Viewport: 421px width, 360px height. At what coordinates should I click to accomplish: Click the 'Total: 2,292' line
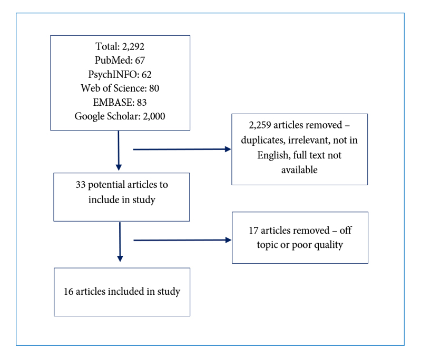tap(120, 46)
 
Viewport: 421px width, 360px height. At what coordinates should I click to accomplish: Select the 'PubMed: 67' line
tap(120, 61)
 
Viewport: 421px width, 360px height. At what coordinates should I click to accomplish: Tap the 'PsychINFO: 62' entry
tap(120, 74)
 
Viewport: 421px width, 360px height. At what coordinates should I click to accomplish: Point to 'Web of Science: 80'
tap(120, 88)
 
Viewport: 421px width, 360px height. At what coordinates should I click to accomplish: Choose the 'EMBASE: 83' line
tap(120, 102)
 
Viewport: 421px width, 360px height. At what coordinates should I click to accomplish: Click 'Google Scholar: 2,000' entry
tap(120, 116)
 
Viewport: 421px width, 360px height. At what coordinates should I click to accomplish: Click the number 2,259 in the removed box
tap(260, 125)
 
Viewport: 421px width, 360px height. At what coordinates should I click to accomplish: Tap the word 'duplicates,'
tap(263, 140)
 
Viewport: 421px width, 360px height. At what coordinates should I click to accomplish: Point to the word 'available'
tap(299, 170)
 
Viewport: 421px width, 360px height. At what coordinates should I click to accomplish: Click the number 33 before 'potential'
tap(81, 185)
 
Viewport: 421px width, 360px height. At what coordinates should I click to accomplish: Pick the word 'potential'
tap(106, 185)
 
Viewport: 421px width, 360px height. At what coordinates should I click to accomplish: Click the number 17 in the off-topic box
tap(253, 231)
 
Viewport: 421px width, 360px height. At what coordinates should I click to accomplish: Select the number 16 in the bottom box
tap(68, 292)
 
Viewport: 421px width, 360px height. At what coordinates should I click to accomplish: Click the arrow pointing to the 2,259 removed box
tap(182, 149)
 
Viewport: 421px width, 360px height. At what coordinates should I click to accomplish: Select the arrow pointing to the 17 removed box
tap(182, 240)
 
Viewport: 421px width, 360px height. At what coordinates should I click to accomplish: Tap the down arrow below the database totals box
tap(119, 151)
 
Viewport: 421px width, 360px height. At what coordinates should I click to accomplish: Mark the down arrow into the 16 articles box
tap(120, 242)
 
